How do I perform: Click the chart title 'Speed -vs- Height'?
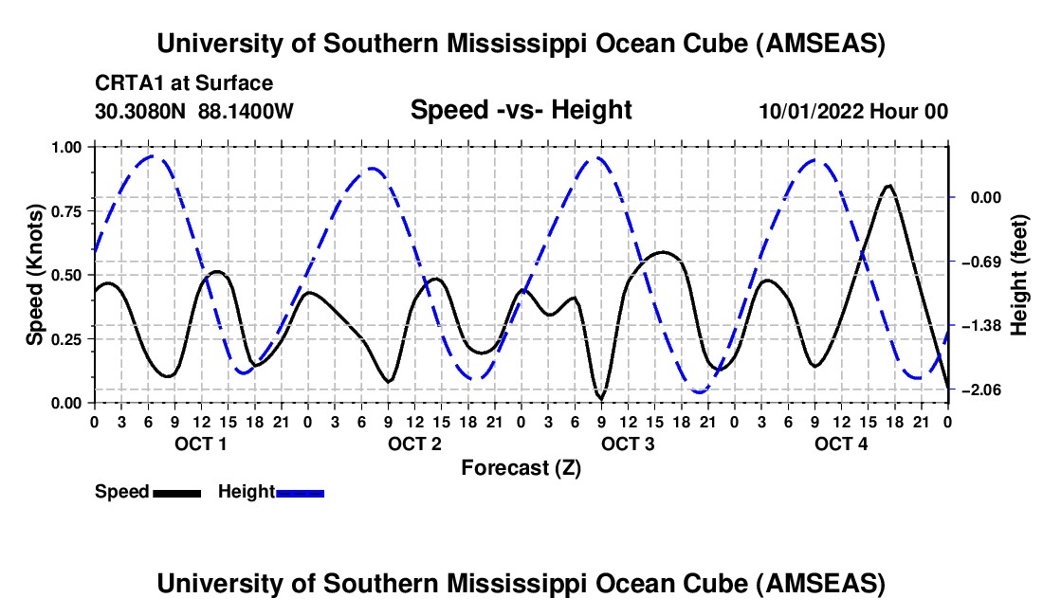521,110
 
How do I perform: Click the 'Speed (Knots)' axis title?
35,275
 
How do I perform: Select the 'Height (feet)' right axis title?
1019,275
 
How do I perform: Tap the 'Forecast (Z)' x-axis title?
521,467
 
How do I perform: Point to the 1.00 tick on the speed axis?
68,147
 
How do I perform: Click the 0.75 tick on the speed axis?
68,211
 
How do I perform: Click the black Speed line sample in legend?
176,493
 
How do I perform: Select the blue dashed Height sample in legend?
301,493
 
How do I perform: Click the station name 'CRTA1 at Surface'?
184,84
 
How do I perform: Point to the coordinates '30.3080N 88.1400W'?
194,111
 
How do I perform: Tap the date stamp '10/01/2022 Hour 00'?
853,111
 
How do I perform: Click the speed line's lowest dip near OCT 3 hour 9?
600,398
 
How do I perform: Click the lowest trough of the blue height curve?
700,391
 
